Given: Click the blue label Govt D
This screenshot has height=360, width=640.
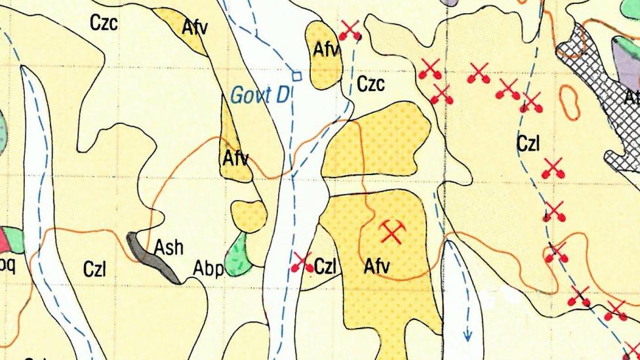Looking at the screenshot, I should point(260,96).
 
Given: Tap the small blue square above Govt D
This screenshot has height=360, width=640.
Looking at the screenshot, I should point(296,76).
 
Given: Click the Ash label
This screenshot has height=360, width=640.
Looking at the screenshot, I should point(169,248).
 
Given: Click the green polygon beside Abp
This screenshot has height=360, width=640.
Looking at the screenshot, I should point(237,256).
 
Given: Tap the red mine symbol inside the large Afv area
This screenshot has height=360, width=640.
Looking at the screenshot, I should point(392,231).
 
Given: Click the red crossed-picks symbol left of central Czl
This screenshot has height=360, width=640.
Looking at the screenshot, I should point(302,263).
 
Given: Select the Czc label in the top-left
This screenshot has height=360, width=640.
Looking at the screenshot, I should point(104,24).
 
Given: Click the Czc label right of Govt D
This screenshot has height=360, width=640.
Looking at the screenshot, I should point(370,85).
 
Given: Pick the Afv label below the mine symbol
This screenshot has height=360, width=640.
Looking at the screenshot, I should point(376,266).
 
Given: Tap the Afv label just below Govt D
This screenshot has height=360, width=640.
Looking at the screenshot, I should point(235,158).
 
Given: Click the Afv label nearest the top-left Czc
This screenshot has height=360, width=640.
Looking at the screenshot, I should point(195,28).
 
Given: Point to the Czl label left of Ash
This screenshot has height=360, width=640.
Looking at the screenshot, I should point(95,269).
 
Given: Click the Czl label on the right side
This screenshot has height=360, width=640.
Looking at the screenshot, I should point(528,144).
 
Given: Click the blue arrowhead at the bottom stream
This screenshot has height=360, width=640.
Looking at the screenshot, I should point(468,335).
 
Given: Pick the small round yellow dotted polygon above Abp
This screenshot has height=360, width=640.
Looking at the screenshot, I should point(249,216).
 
